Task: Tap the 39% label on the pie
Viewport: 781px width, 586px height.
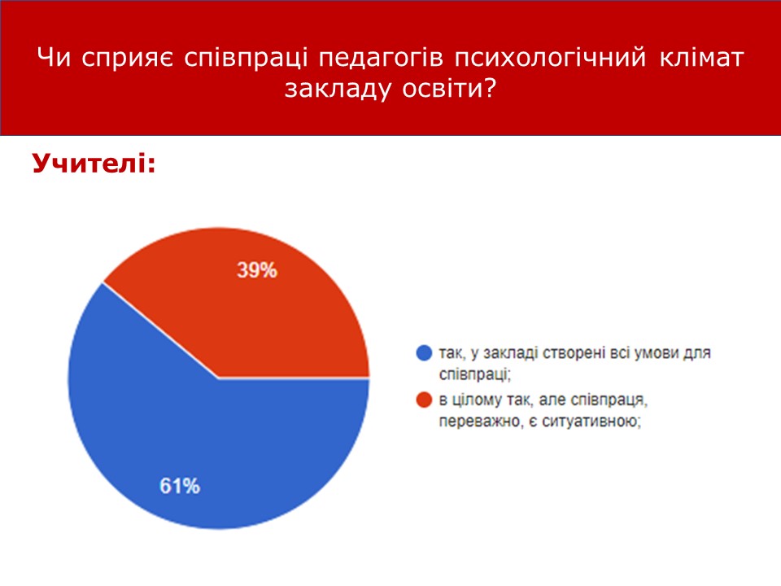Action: pos(257,270)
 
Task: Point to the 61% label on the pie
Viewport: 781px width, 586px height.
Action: pos(180,486)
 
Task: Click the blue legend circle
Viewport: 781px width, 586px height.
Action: pos(424,352)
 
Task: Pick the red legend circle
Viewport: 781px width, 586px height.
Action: pos(424,400)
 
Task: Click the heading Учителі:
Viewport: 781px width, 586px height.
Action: pos(94,163)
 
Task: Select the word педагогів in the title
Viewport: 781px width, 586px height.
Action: pos(381,58)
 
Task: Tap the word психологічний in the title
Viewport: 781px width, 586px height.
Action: pos(551,58)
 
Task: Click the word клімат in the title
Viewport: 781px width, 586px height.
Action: pos(702,57)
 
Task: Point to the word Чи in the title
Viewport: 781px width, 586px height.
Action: pos(54,57)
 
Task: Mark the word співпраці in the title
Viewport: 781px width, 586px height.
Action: pos(246,59)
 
